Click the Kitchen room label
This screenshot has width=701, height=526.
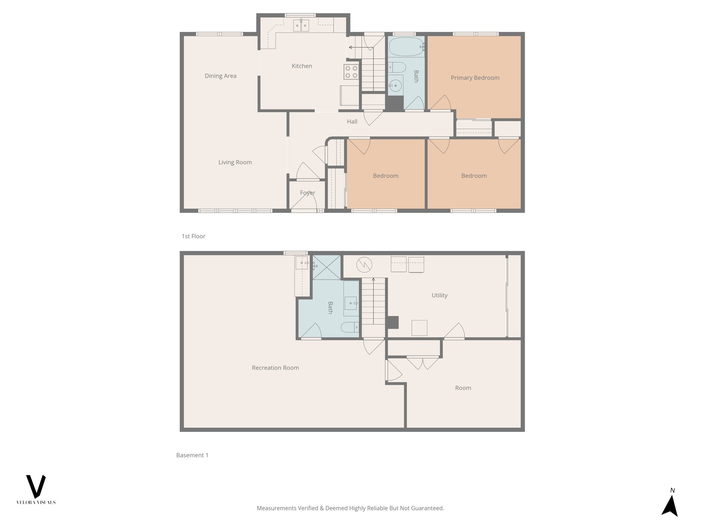[x=302, y=66]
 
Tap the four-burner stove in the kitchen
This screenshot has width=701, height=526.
[x=351, y=72]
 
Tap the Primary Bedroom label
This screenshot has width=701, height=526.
[x=475, y=78]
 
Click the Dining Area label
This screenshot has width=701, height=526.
[x=220, y=76]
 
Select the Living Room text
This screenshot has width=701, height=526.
[x=235, y=162]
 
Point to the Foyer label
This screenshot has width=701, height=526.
[x=307, y=193]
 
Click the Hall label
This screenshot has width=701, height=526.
[x=352, y=122]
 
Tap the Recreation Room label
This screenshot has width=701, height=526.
[x=275, y=368]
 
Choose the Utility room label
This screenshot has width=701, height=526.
[x=439, y=295]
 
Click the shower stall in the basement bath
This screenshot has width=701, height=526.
[x=327, y=267]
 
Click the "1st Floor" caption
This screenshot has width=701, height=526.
[x=193, y=236]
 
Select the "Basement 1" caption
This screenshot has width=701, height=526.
[x=192, y=455]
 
